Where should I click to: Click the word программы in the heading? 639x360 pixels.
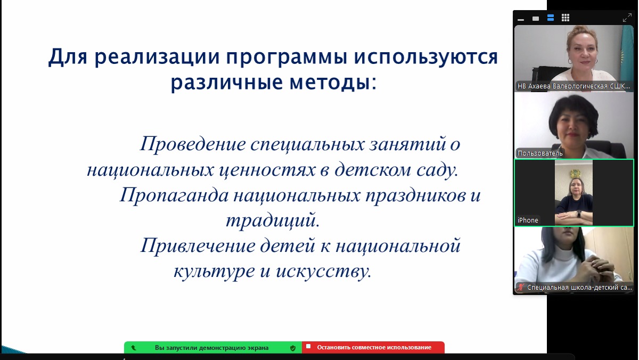(x=286, y=58)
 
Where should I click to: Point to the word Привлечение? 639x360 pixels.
(x=198, y=246)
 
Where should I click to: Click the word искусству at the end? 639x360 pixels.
(x=324, y=271)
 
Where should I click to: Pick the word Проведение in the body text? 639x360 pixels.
(x=193, y=144)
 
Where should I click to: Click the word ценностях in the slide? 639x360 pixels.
(x=267, y=170)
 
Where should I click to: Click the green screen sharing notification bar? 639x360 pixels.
(x=213, y=347)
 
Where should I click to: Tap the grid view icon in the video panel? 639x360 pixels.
(x=566, y=18)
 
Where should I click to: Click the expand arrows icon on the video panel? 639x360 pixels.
(x=627, y=18)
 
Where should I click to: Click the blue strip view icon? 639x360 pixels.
(x=551, y=18)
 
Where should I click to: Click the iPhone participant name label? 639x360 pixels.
(x=528, y=220)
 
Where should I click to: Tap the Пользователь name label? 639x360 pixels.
(x=540, y=153)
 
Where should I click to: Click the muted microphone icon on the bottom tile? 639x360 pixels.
(x=521, y=287)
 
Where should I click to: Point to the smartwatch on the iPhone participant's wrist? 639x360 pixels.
(x=579, y=214)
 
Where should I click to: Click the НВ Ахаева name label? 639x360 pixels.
(x=574, y=86)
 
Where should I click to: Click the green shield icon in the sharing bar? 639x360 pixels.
(x=293, y=348)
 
